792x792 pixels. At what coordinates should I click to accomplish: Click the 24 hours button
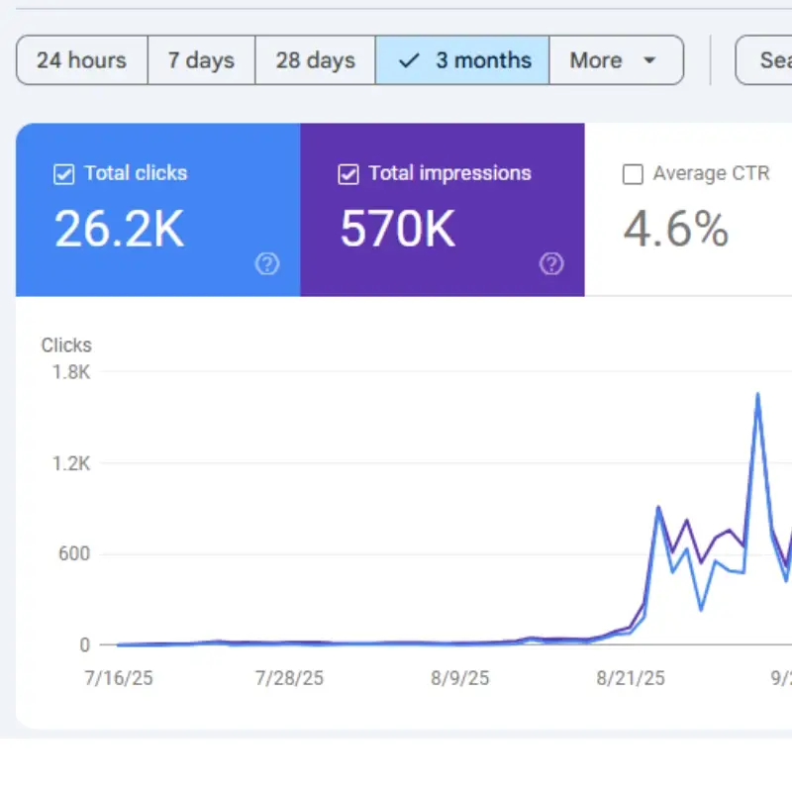(81, 60)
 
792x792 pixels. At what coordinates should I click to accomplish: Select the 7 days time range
(201, 60)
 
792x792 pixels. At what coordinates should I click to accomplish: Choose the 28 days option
(315, 60)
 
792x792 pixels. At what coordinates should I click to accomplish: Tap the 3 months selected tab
(462, 60)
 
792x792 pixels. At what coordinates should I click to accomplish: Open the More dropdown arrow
(649, 60)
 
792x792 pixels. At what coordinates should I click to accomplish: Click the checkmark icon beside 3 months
(408, 60)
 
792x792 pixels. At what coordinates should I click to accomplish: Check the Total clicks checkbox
(63, 174)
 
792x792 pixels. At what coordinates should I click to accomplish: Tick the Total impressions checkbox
(347, 174)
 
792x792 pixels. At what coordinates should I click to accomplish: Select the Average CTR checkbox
(633, 175)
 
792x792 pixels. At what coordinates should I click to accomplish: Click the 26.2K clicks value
(119, 229)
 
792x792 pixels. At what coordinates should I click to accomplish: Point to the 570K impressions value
(397, 229)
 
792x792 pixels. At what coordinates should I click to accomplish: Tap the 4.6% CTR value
(676, 229)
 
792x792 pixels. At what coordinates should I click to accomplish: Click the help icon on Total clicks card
(267, 263)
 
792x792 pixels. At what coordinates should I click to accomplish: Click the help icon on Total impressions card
(551, 263)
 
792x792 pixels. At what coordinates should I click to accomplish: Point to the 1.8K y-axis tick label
(70, 372)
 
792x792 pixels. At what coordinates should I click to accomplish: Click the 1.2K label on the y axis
(70, 463)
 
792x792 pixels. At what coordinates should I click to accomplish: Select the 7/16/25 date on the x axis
(120, 678)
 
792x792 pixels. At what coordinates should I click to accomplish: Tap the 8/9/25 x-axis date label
(460, 678)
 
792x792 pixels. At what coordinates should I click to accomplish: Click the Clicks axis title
(66, 346)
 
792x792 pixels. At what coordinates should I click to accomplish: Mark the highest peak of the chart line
(757, 394)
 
